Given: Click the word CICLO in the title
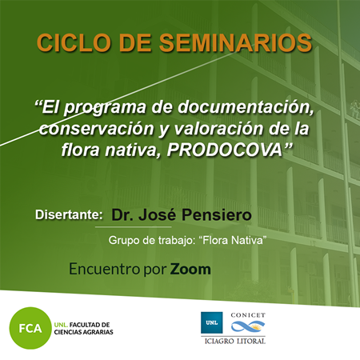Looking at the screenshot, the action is [x=74, y=42].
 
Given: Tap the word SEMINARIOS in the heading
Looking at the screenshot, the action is [x=236, y=42].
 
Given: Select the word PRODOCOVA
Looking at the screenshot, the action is [x=225, y=150].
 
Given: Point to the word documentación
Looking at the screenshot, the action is [x=246, y=107].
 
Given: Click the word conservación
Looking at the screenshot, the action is [x=97, y=129].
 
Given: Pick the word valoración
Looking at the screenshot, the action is [x=218, y=129].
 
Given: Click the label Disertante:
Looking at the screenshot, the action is [x=69, y=214].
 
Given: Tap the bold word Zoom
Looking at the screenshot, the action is [x=190, y=269].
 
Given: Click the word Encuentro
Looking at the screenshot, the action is [x=104, y=269].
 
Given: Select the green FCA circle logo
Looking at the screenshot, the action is [x=30, y=328].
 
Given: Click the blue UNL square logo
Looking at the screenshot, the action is [x=212, y=322].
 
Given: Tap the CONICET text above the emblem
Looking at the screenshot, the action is [x=248, y=315].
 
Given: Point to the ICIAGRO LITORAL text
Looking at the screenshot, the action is [x=234, y=341].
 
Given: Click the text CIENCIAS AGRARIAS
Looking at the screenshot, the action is [x=83, y=332].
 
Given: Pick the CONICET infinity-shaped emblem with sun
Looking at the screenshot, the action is [x=248, y=326].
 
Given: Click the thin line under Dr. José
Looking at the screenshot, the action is [x=133, y=227].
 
